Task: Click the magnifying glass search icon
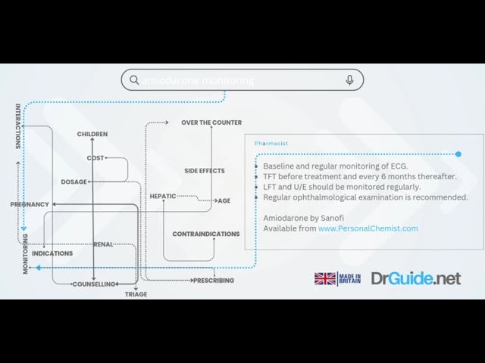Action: tap(134, 80)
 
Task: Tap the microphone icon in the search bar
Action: tap(349, 80)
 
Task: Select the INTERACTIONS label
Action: tap(18, 126)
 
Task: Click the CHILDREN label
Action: tap(92, 135)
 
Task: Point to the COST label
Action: tap(95, 158)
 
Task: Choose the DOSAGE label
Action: tap(74, 181)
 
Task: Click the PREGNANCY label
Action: tap(30, 204)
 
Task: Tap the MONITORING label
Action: tap(25, 253)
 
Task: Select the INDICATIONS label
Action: tap(52, 253)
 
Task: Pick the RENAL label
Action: tap(104, 244)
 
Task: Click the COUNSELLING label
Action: tap(94, 284)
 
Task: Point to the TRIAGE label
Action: tap(136, 294)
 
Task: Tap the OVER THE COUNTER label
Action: tap(211, 123)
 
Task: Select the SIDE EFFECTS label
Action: tap(205, 171)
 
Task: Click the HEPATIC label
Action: tap(163, 196)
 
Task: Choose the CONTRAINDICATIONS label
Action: tap(206, 234)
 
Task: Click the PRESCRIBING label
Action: tap(213, 281)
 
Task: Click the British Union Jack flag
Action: tap(325, 279)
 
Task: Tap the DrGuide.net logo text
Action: tap(415, 279)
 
